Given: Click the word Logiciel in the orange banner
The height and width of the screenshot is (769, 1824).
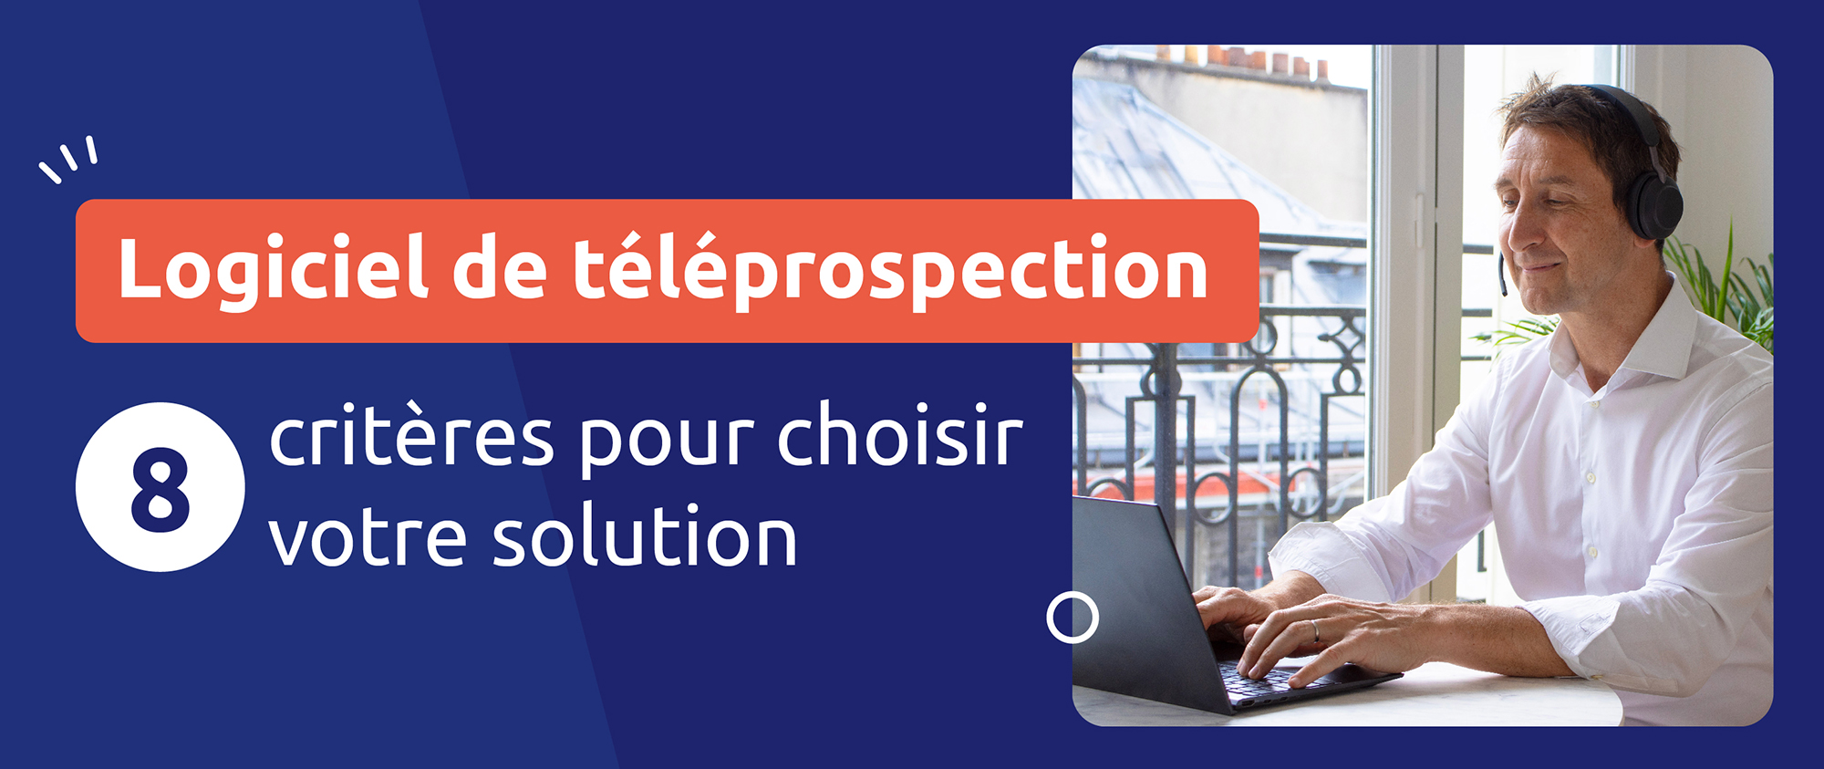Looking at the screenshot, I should pos(273,269).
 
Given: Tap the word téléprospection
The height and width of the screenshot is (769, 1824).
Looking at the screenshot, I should pos(890,269).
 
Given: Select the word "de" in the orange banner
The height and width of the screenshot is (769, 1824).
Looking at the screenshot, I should pos(499,269).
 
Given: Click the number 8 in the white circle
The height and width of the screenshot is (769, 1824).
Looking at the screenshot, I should pos(161,489).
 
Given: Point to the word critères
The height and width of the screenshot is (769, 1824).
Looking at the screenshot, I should pos(411,438).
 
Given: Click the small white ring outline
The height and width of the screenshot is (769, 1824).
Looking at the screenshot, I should pos(1073,618).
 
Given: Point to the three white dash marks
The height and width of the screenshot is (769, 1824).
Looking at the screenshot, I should pos(69,159).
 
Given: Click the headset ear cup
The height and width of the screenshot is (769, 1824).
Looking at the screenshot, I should pos(1655,202).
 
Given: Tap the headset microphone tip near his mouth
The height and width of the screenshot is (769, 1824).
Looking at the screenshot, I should pos(1503,287).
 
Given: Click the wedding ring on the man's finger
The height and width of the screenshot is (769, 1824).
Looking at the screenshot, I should pos(1315,630).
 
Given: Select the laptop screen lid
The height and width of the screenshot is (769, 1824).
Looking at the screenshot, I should pos(1140,593).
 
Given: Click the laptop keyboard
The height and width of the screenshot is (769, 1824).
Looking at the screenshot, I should pos(1268,679).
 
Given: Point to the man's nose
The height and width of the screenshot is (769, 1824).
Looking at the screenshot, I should pos(1515,232).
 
